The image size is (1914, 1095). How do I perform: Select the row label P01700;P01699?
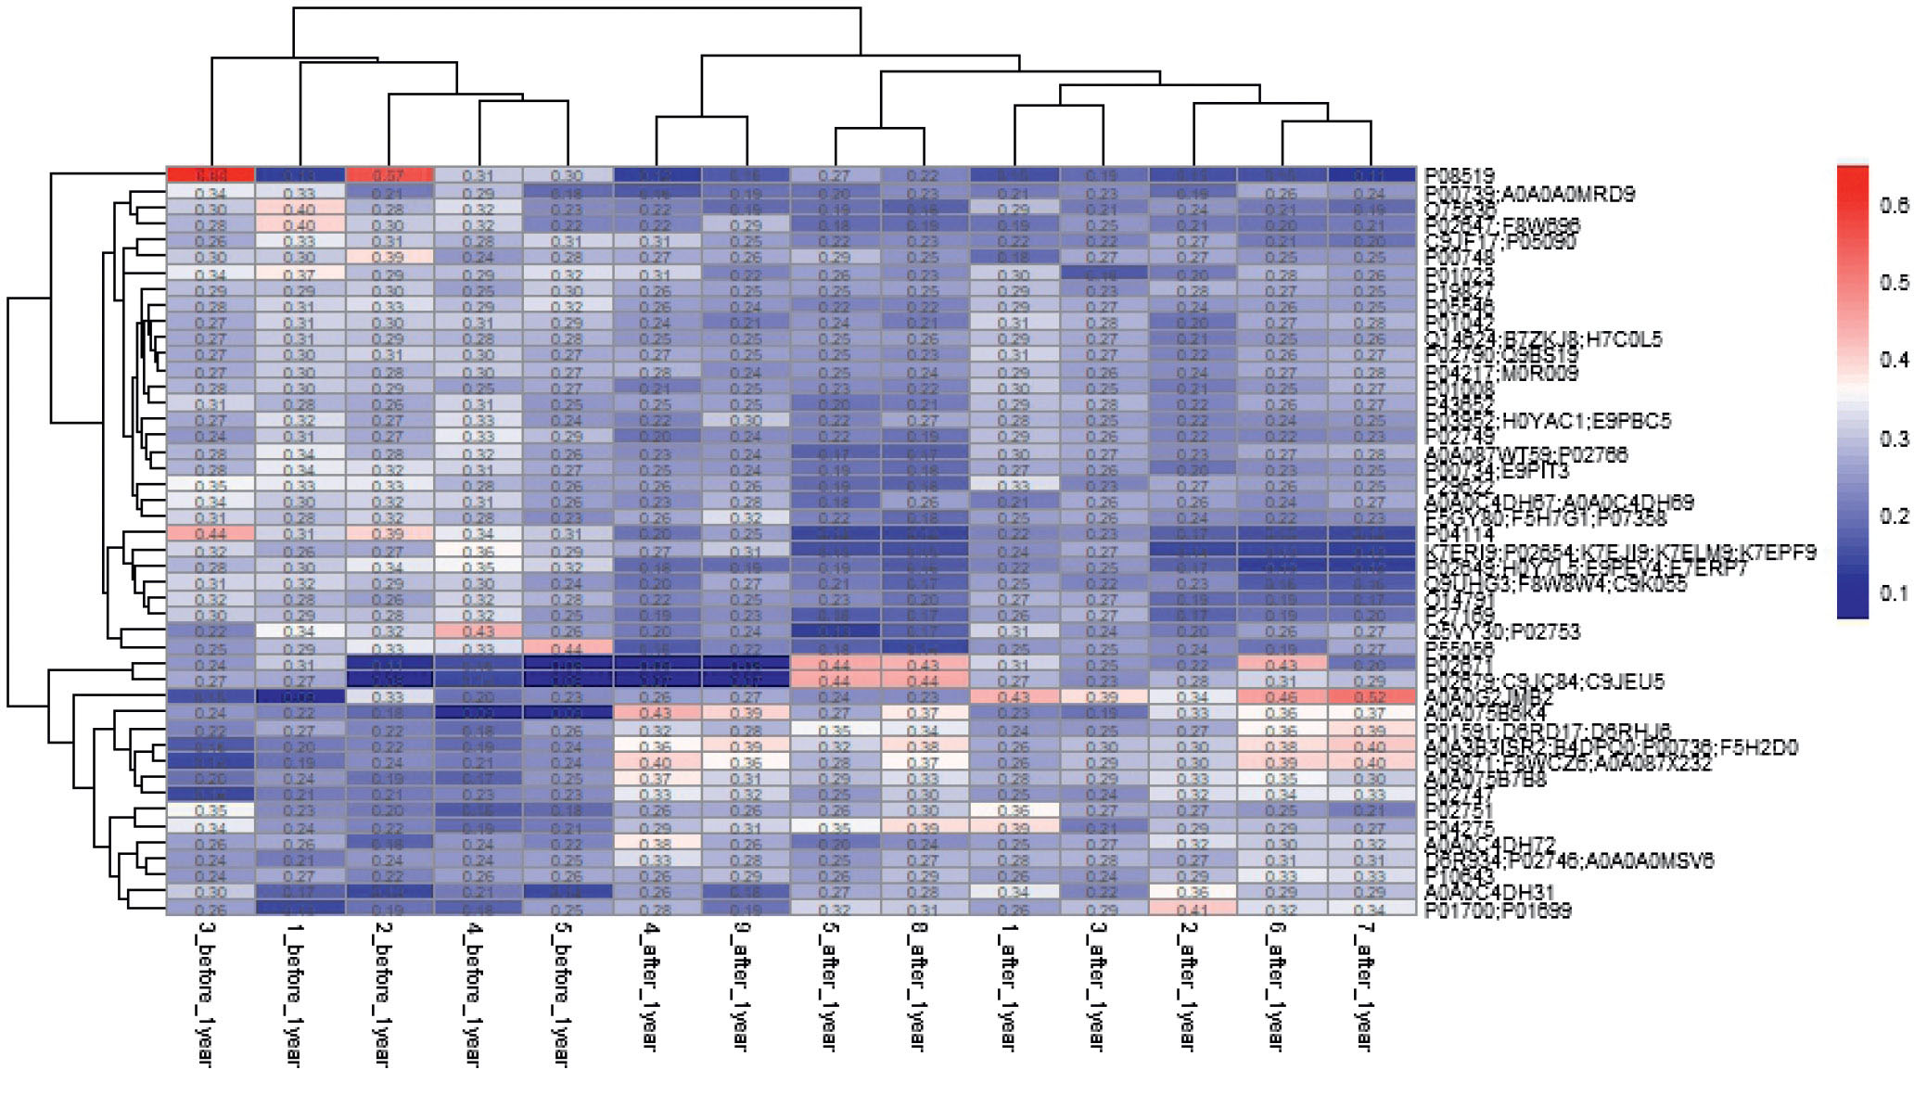(x=1498, y=910)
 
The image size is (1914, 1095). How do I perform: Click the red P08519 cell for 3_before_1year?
(x=211, y=175)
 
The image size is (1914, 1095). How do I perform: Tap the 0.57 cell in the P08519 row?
(x=389, y=175)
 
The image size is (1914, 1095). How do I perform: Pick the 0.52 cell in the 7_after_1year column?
(x=1371, y=697)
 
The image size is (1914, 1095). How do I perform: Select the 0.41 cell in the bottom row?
(x=1193, y=910)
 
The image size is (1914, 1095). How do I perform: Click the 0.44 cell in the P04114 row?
(x=211, y=534)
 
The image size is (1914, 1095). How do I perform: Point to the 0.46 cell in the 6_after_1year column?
(x=1282, y=697)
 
